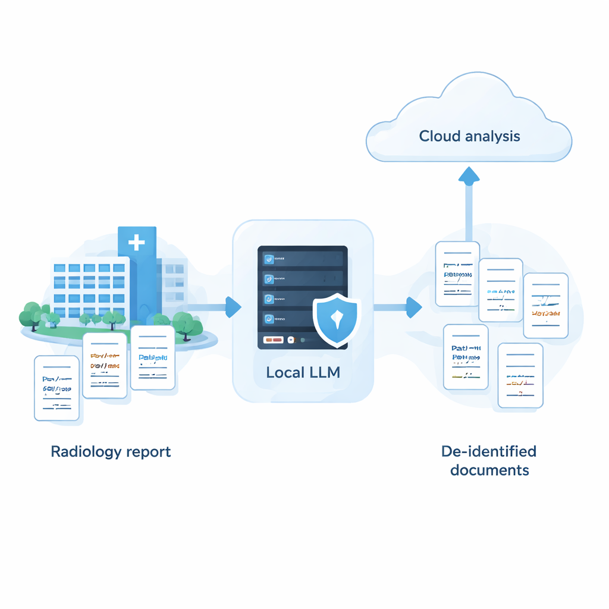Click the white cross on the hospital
coord(137,242)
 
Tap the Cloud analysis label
coord(469,136)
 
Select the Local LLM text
coord(303,373)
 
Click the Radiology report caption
coord(111,451)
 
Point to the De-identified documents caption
coord(489,461)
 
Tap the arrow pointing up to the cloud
coord(469,178)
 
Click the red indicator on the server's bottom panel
coord(273,340)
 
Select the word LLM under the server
coord(323,373)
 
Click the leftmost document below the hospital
coord(56,387)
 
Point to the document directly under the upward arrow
coord(457,274)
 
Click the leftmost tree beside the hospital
coord(30,315)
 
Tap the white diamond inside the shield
coord(337,318)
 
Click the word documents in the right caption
coord(489,470)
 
